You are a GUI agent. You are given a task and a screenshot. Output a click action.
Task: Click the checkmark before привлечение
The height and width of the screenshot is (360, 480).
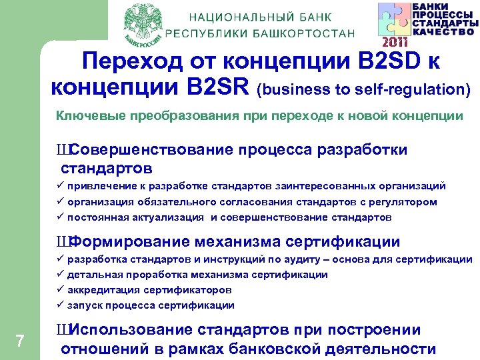(x=60, y=186)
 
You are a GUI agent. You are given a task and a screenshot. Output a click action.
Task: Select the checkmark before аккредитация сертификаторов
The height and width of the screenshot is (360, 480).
(x=60, y=290)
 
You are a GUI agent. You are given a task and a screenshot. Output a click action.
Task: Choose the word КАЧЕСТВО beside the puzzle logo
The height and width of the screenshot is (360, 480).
(x=445, y=31)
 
